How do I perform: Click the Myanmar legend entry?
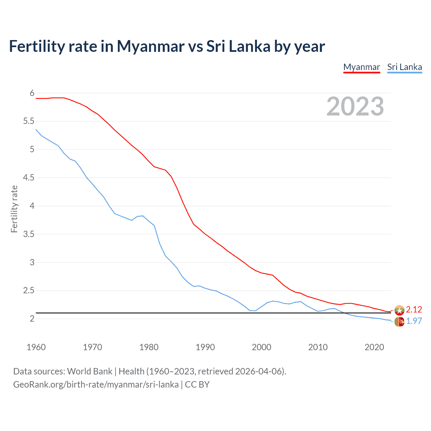point(362,67)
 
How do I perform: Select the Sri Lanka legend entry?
point(404,67)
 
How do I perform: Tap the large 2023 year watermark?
point(355,106)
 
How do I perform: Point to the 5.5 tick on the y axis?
point(29,121)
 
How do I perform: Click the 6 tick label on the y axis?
point(32,93)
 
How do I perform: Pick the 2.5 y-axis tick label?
point(29,290)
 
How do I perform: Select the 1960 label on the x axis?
point(36,347)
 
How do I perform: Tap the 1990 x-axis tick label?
point(205,347)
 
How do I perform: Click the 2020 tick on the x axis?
point(374,347)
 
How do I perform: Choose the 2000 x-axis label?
point(261,347)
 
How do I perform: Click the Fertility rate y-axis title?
point(14,209)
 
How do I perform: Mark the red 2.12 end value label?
point(414,309)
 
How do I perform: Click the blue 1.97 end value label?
point(414,321)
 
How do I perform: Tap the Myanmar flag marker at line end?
point(399,310)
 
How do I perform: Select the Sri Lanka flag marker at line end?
point(399,322)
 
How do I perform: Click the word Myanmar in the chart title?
point(151,46)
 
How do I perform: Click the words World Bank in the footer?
point(90,371)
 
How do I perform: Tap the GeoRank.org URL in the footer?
point(96,384)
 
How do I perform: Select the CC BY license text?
point(197,384)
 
